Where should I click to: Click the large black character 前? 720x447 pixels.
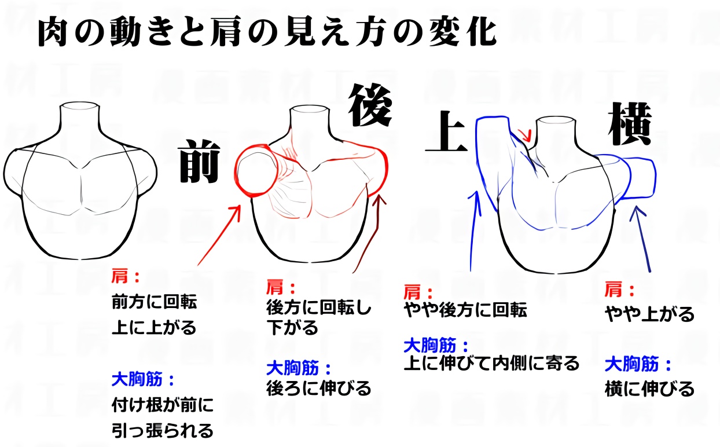(x=200, y=161)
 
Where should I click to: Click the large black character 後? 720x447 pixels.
(x=370, y=105)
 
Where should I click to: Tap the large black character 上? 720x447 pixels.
(x=446, y=131)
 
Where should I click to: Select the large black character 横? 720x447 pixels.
(x=629, y=124)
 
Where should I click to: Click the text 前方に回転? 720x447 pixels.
(x=155, y=302)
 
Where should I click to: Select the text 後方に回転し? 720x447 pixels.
(x=318, y=308)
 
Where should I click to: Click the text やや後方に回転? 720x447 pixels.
(x=465, y=310)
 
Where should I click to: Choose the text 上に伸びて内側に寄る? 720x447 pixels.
(x=491, y=363)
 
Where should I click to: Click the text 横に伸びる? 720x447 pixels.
(x=649, y=389)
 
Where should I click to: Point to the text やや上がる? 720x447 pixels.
(x=649, y=314)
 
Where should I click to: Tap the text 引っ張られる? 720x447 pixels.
(x=162, y=431)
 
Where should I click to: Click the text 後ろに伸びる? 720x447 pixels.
(x=318, y=388)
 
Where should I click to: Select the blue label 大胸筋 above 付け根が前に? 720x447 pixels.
(x=137, y=379)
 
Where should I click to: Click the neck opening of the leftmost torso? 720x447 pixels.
(x=79, y=107)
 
